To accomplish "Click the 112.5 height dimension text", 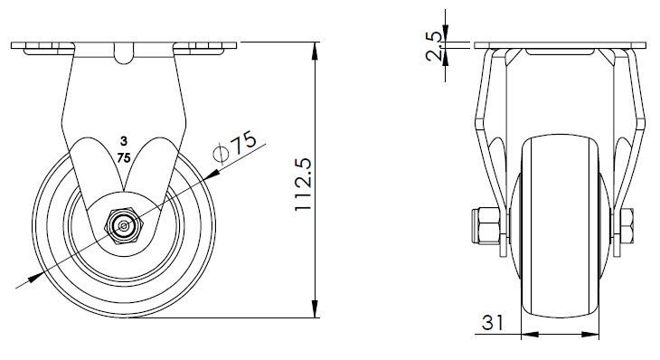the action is click(304, 185).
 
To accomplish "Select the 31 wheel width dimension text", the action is click(493, 323).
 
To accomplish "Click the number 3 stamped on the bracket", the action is click(123, 140).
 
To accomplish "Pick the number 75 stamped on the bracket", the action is click(124, 158).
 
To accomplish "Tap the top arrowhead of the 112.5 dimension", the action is click(315, 51).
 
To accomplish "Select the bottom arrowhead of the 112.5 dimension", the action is click(315, 309).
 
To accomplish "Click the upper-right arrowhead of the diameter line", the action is click(212, 174).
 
